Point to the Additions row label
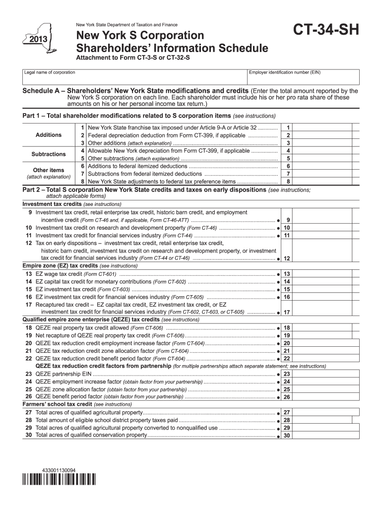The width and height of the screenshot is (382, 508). [x=49, y=135]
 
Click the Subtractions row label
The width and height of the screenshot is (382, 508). [x=49, y=154]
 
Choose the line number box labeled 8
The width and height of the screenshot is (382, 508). [x=288, y=182]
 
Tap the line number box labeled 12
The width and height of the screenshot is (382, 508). [x=287, y=258]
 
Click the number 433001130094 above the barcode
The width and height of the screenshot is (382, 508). [x=59, y=469]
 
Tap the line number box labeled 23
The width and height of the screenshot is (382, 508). [x=287, y=374]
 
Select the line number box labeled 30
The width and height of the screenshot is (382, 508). [x=287, y=436]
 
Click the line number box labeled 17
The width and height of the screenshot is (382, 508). [x=287, y=312]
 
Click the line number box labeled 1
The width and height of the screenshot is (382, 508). [x=288, y=127]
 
